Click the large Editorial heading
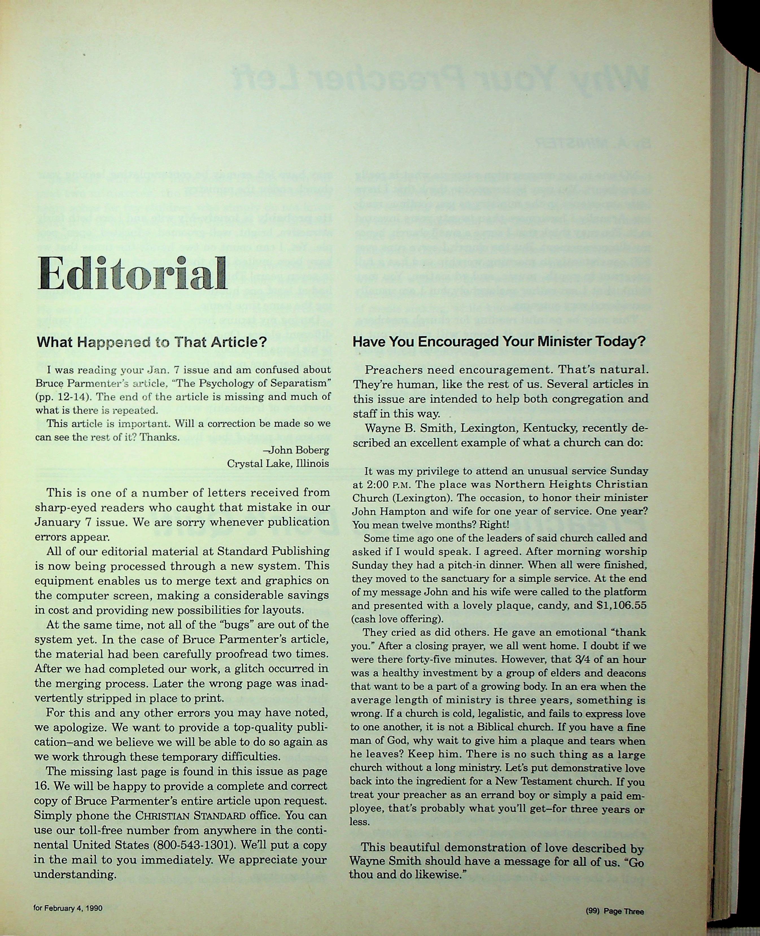pos(132,274)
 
